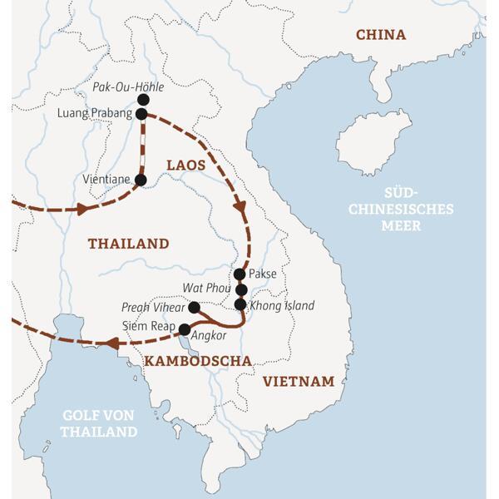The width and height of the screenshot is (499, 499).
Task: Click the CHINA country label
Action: pos(380,34)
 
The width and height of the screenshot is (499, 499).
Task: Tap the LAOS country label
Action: pos(185,165)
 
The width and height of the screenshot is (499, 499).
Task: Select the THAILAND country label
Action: pos(128,244)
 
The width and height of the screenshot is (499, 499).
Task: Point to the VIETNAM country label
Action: pos(298,381)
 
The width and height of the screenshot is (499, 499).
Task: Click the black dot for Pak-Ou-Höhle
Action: pos(143,100)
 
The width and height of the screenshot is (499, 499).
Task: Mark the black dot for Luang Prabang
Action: pos(141,114)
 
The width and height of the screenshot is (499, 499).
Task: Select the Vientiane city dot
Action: pos(140,180)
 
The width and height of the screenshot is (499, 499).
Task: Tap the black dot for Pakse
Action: pos(240,274)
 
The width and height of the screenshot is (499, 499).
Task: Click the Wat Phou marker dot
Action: pos(241,289)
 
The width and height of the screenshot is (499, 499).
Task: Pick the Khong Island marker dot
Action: pos(240,304)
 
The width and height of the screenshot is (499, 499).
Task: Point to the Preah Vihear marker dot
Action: pos(194,307)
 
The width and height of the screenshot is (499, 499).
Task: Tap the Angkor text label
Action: pos(208,337)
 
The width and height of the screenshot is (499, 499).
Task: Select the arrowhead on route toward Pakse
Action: pos(240,207)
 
